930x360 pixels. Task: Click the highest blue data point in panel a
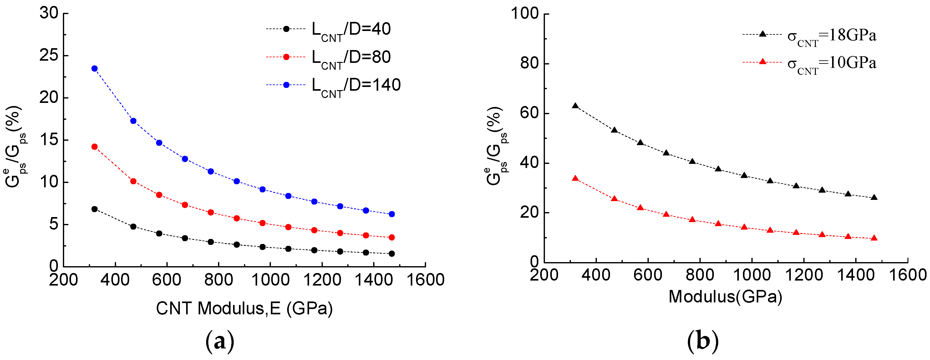94,68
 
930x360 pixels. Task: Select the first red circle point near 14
94,147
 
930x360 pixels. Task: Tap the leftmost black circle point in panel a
94,209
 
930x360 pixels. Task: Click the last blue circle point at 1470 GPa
392,214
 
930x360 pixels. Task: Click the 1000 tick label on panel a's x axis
270,280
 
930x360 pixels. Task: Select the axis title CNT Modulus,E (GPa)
244,308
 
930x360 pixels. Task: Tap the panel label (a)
220,341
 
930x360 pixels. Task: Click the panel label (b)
703,341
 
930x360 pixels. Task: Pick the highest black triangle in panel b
576,106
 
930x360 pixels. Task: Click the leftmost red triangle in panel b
576,178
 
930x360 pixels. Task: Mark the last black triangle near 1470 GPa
874,197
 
